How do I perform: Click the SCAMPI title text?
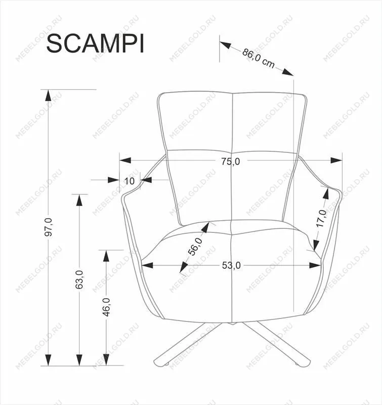coord(95,44)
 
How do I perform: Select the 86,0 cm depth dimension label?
coord(258,59)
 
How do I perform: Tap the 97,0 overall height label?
coord(49,227)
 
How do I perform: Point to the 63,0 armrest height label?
coord(79,279)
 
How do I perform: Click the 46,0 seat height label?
coord(106,307)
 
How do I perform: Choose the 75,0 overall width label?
coord(231,161)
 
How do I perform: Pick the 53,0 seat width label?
coord(231,265)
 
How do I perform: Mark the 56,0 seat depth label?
coord(195,247)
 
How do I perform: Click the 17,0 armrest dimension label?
coord(321,219)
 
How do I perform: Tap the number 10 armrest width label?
coord(130,181)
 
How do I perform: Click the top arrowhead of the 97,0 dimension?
coord(48,95)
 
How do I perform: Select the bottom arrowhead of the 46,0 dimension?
coord(106,360)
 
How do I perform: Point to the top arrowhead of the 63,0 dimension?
coord(79,199)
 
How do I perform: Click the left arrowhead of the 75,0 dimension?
coord(125,160)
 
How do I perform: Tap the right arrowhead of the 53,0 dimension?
coord(315,265)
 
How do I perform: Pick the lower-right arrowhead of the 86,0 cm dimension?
coord(288,72)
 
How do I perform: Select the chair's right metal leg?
coord(276,343)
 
